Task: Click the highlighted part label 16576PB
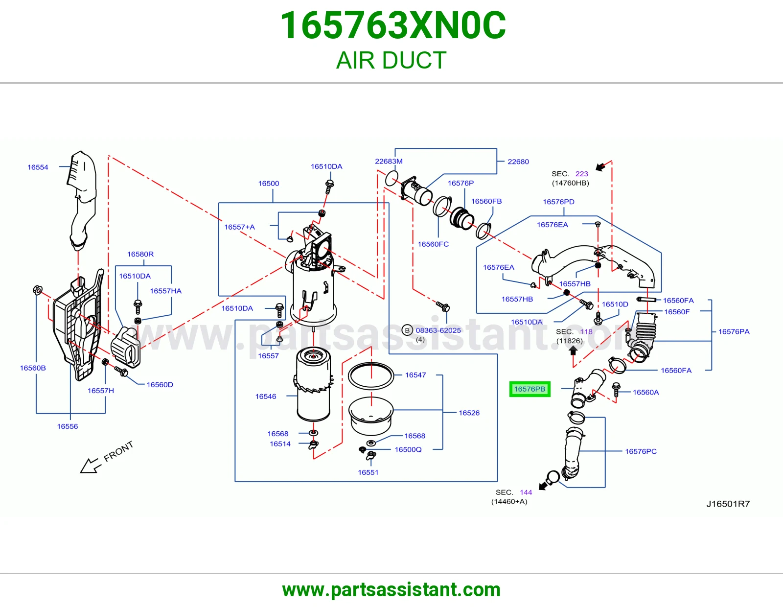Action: [530, 389]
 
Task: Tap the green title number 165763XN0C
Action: [393, 25]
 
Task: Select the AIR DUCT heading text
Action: [391, 60]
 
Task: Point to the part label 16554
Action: [38, 167]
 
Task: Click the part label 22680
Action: [518, 162]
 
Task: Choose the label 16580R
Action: [140, 254]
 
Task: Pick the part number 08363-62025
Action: [438, 330]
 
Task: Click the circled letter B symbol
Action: [407, 330]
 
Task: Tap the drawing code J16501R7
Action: [728, 504]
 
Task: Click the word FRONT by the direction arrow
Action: [118, 451]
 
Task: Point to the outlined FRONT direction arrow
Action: [90, 466]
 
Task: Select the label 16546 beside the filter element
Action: [266, 397]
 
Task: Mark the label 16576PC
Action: [641, 451]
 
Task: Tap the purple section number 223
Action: [581, 174]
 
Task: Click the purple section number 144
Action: [526, 492]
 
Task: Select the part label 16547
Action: [415, 375]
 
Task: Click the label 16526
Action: [469, 413]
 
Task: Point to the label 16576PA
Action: [734, 331]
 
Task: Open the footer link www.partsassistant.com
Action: [391, 590]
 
